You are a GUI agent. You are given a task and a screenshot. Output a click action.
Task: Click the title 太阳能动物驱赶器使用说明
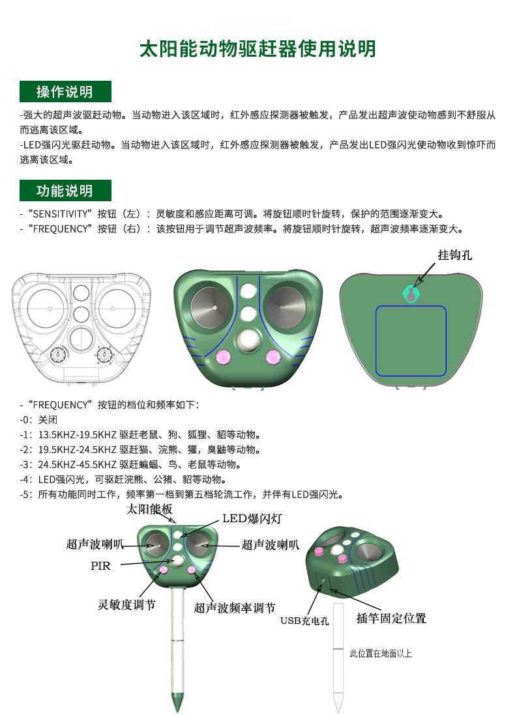pyautogui.click(x=257, y=49)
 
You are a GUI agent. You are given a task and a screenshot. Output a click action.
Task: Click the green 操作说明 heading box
pyautogui.click(x=65, y=92)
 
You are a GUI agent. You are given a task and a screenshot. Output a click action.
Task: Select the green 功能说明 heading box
pyautogui.click(x=65, y=191)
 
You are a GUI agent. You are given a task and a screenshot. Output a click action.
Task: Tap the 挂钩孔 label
pyautogui.click(x=454, y=255)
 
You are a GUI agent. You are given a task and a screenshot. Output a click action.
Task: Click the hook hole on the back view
pyautogui.click(x=411, y=294)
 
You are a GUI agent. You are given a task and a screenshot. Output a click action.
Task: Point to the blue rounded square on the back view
pyautogui.click(x=411, y=341)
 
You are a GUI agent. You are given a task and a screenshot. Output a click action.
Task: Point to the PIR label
pyautogui.click(x=100, y=566)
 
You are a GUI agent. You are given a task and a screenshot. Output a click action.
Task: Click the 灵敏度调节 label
pyautogui.click(x=126, y=605)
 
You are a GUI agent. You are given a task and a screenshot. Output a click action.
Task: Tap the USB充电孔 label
pyautogui.click(x=304, y=621)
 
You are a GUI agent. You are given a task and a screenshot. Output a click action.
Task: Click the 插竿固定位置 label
pyautogui.click(x=391, y=618)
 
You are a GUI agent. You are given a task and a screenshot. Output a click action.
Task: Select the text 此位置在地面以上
pyautogui.click(x=381, y=653)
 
